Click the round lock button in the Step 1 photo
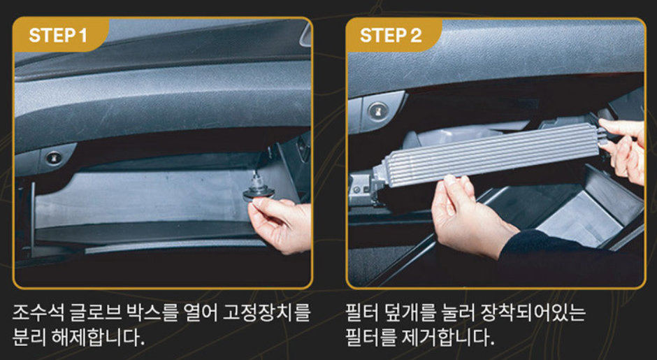[x=54, y=158]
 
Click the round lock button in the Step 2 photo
[x=377, y=111]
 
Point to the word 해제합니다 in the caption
[x=98, y=338]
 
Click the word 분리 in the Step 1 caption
[x=29, y=338]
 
